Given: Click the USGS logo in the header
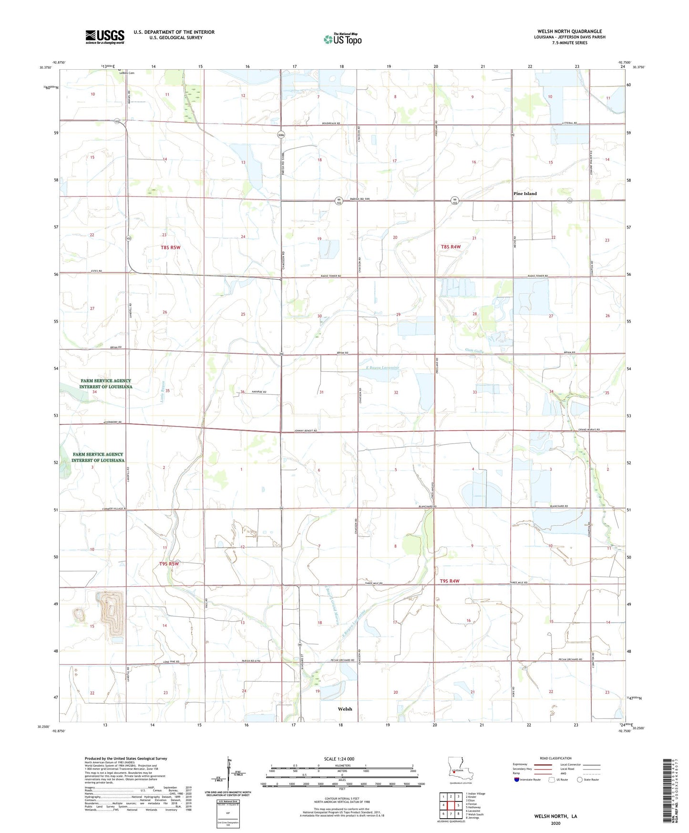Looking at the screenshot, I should point(105,37).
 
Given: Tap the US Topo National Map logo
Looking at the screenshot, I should point(342,39).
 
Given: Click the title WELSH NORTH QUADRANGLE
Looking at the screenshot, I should point(569,31).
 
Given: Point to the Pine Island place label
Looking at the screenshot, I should point(524,194).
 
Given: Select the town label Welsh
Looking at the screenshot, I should point(345,709).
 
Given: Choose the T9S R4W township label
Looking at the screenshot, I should point(450,581).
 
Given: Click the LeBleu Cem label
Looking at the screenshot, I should point(127,73).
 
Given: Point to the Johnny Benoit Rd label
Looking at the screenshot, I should point(305,431).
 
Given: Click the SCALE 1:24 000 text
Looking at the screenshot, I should point(339,759).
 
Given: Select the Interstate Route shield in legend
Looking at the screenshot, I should point(517,780).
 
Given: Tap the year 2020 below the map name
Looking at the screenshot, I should point(555,823).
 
